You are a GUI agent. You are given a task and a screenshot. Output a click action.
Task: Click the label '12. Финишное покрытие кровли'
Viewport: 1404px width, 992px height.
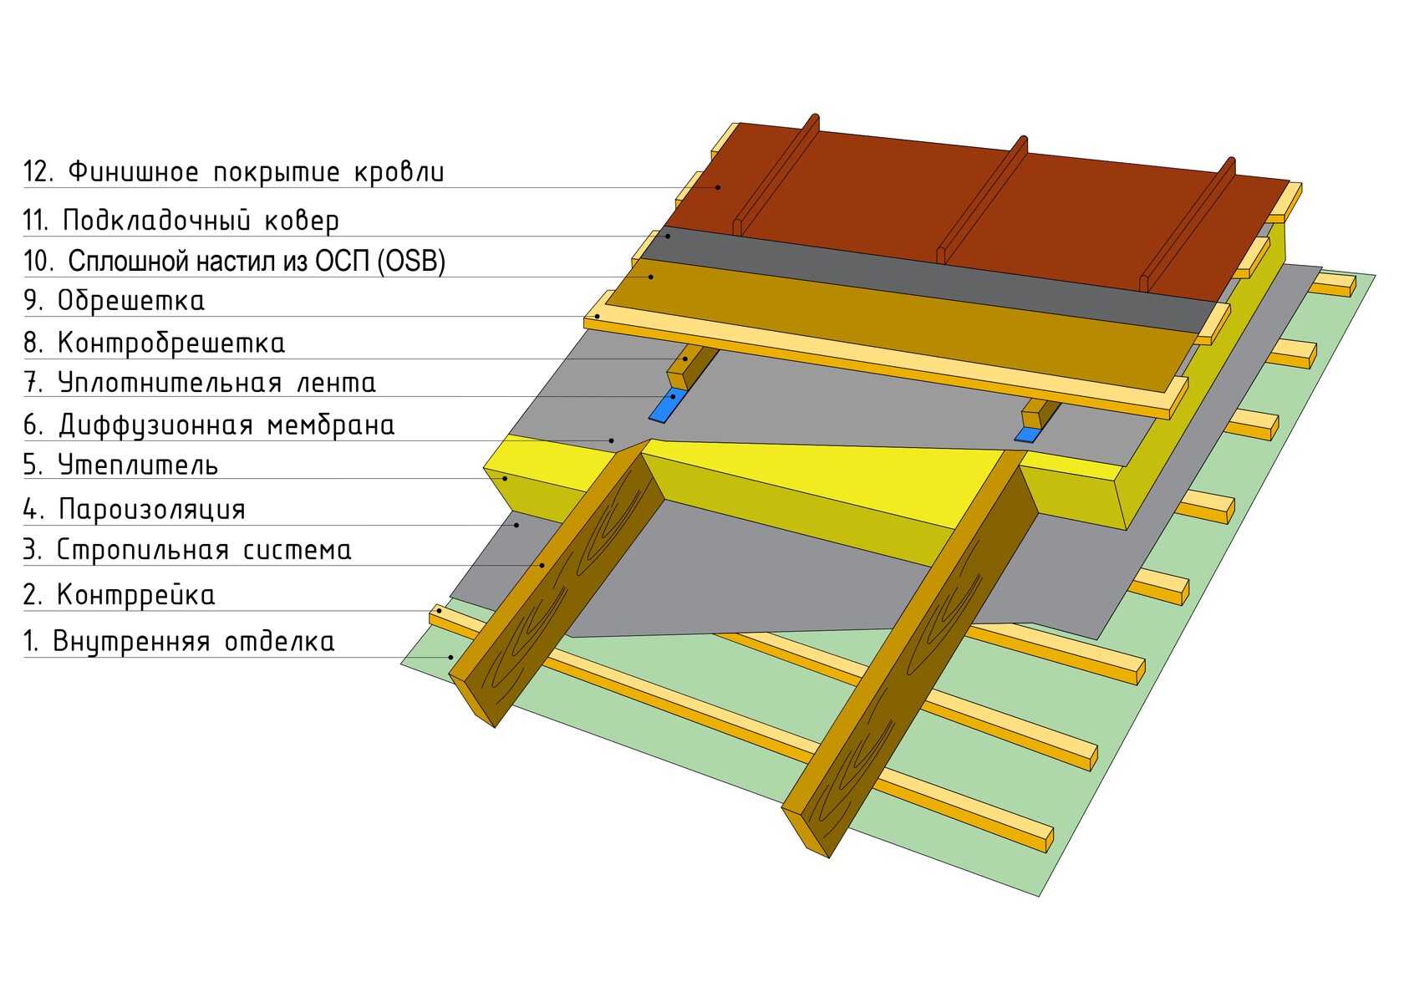coord(234,172)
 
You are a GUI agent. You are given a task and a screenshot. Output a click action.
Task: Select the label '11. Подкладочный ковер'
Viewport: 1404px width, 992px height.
coord(181,221)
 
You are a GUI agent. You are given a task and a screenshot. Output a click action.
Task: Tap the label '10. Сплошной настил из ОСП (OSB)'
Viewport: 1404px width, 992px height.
coord(234,262)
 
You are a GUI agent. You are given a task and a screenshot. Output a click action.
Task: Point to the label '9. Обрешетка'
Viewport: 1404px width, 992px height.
coord(114,301)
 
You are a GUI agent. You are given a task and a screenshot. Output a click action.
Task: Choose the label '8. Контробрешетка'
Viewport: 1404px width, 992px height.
coord(154,343)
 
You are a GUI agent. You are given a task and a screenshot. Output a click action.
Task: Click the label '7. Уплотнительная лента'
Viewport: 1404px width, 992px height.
coord(199,383)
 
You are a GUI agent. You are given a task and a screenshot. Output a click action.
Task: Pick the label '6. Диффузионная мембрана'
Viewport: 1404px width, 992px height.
coord(209,425)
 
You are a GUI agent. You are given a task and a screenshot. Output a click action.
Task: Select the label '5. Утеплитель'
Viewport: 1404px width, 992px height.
coord(120,465)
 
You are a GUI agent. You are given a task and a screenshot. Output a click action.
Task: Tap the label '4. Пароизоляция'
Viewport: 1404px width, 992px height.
coord(134,509)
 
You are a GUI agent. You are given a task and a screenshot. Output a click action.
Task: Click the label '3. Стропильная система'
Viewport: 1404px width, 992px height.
coord(187,550)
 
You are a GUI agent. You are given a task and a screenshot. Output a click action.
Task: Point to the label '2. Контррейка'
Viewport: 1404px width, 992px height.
coord(119,595)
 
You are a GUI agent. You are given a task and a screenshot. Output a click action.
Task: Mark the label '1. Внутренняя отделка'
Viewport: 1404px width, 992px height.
coord(179,642)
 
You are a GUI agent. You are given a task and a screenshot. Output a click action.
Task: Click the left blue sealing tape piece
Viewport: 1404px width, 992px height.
coord(666,405)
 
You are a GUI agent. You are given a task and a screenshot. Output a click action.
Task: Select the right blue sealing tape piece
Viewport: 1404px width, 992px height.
coord(1027,435)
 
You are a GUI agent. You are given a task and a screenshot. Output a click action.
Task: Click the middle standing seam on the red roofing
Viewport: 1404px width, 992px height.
coord(982,201)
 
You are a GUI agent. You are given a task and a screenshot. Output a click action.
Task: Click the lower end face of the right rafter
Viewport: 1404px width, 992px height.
coord(806,831)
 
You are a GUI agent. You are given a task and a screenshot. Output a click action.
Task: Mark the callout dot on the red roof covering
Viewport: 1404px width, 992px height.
coord(718,187)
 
